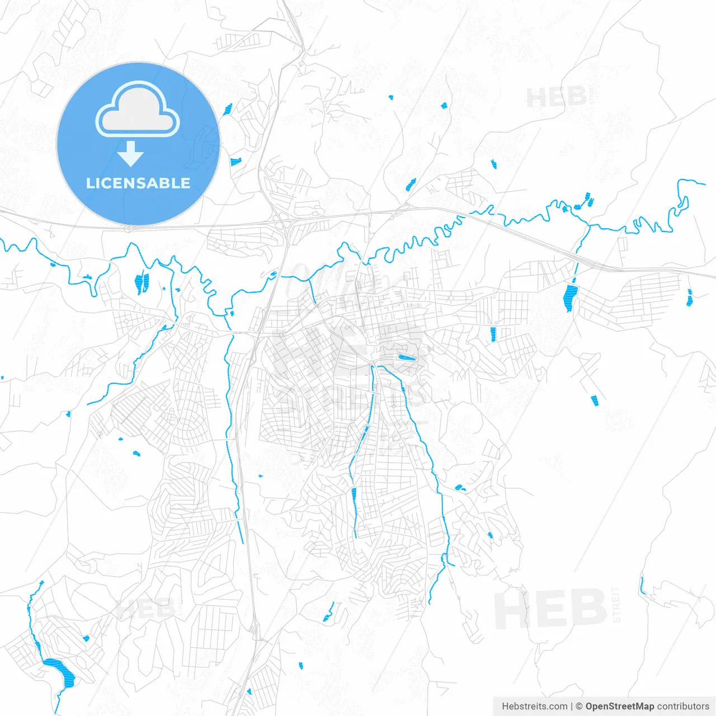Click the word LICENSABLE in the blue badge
138,183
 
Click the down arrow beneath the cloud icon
131,153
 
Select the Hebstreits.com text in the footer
534,706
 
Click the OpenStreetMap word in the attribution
619,706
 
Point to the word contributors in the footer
683,706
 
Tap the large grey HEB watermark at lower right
550,609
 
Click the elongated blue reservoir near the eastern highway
571,297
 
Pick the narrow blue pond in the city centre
407,357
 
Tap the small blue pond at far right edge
689,298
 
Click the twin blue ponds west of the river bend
142,283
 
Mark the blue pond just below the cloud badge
235,162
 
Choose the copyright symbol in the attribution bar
579,706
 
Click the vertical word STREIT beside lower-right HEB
616,604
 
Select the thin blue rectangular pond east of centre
493,335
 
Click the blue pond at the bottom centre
300,665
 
